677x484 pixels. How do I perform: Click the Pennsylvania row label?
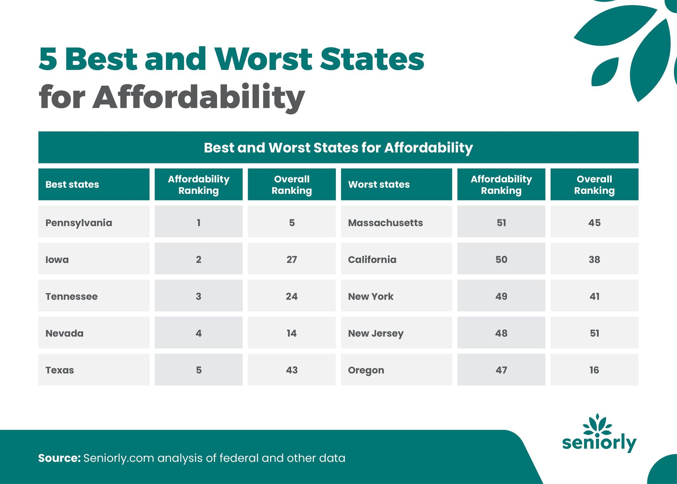coord(79,223)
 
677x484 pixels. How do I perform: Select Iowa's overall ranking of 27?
coord(292,259)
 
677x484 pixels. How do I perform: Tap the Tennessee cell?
coord(71,296)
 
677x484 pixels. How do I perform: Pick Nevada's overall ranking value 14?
coord(292,333)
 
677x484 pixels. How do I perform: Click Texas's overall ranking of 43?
coord(292,370)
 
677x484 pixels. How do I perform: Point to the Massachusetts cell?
coord(385,223)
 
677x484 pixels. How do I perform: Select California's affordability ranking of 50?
coord(501,259)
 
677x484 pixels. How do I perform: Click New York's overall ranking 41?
coord(594,296)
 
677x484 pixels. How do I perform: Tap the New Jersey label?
coord(375,333)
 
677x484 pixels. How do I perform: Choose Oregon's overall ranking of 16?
coord(594,370)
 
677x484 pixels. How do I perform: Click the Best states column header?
coord(72,185)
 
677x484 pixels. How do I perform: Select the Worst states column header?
coord(379,185)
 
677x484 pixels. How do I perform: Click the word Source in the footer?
coord(59,458)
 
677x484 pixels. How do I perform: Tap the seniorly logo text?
coord(599,442)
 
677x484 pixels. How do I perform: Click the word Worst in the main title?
coord(263,59)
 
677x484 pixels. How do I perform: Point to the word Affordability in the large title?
coord(198,97)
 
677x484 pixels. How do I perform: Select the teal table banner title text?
coord(338,148)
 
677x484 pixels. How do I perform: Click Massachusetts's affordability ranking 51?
coord(501,223)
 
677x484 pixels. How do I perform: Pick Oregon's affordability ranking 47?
coord(501,370)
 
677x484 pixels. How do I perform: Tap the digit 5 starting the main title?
coord(48,59)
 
